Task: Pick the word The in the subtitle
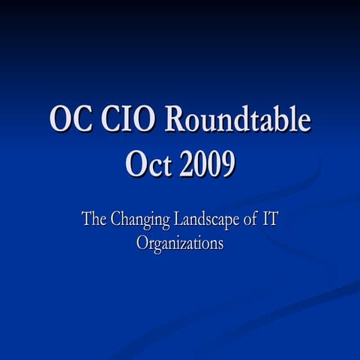(x=94, y=221)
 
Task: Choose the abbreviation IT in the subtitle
(x=275, y=221)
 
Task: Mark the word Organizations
(x=180, y=244)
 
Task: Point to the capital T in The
(x=85, y=221)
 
